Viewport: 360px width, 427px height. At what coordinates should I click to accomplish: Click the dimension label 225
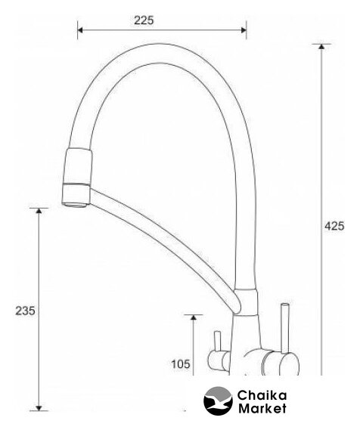click(x=144, y=20)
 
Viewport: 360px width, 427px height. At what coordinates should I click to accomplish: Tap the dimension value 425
click(x=334, y=226)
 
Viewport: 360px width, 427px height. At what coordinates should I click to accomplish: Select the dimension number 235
click(x=26, y=311)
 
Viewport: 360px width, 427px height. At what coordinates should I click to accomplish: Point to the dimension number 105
click(x=181, y=364)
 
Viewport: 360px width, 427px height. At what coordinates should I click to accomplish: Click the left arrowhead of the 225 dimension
click(x=80, y=30)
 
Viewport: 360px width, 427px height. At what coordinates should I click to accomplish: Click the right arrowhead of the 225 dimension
click(x=244, y=30)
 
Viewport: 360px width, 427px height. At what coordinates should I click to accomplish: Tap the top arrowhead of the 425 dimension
click(x=321, y=46)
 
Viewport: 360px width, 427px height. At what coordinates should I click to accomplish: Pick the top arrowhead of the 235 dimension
click(x=39, y=211)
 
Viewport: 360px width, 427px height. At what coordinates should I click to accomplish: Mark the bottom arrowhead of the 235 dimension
click(x=39, y=407)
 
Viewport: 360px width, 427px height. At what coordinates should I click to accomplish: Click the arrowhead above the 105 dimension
click(x=194, y=317)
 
